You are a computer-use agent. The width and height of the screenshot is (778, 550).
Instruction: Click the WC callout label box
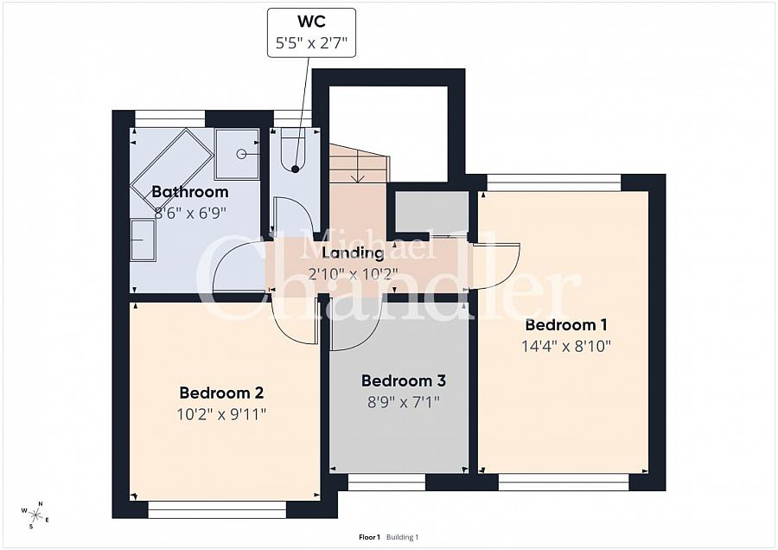311,33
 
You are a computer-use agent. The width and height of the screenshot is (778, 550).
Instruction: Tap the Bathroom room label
190,192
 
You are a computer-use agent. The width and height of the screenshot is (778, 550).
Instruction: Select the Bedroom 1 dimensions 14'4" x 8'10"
566,346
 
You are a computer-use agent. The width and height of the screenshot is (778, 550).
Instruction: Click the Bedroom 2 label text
221,393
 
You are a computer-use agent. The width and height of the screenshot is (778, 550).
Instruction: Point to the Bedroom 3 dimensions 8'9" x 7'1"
404,401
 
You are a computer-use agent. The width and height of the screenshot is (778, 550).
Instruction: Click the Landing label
353,253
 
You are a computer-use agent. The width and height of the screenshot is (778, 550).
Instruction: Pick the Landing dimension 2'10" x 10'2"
353,273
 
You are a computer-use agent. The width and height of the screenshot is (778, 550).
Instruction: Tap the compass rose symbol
35,515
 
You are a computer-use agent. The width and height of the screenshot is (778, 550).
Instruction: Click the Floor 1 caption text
369,537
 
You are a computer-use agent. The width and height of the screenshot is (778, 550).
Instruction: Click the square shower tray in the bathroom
237,154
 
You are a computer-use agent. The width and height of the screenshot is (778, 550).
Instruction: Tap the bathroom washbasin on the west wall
143,240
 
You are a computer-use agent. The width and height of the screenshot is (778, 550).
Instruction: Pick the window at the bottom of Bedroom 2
218,510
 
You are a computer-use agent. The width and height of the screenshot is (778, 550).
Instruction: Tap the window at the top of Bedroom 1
554,182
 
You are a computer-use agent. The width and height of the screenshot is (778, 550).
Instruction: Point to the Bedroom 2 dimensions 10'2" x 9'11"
221,414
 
